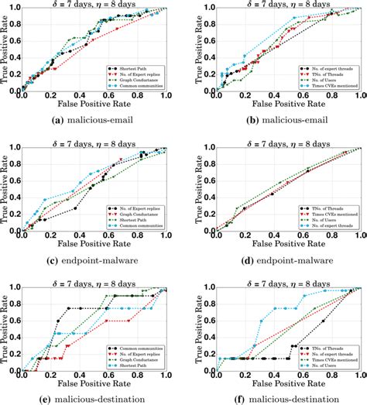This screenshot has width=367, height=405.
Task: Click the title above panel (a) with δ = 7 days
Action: [x=93, y=4]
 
